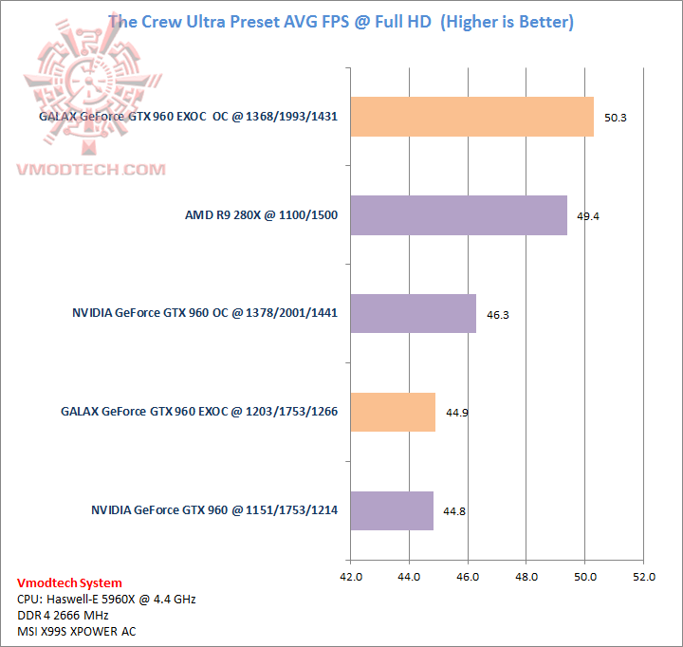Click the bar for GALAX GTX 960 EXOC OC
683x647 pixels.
coord(471,117)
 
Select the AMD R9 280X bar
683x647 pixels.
coord(458,215)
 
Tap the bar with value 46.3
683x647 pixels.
coord(413,313)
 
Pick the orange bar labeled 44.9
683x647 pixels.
coord(393,412)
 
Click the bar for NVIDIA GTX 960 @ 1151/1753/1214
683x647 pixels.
coord(392,510)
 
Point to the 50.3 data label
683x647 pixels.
coord(616,118)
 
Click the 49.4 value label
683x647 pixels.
coord(588,216)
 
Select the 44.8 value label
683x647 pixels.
coord(454,511)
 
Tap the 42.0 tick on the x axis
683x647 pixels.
coord(351,576)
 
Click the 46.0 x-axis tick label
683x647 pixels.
coord(468,576)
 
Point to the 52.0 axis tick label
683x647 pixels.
coord(643,576)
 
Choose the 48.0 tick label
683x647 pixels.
coord(526,576)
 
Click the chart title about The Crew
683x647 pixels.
coord(341,22)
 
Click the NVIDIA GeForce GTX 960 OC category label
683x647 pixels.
coord(205,313)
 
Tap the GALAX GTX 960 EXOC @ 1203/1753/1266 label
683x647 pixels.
coord(199,412)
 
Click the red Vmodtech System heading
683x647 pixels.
coord(69,583)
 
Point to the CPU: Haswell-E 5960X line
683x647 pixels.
coord(106,600)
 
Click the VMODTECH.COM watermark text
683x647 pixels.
coord(91,170)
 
